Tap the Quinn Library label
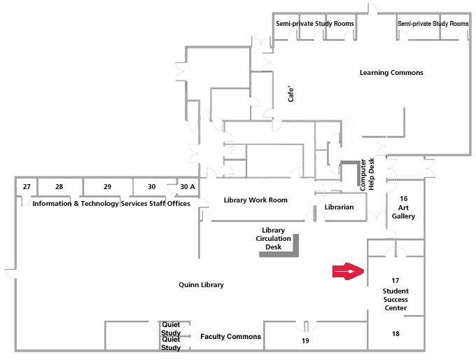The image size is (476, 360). click(x=201, y=285)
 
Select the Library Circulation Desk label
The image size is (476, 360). click(x=273, y=239)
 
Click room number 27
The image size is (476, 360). click(x=27, y=187)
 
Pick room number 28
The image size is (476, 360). click(x=59, y=187)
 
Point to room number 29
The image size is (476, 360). click(x=107, y=187)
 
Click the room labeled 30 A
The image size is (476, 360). click(x=188, y=187)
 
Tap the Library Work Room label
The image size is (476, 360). click(x=255, y=200)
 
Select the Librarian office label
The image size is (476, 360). click(x=339, y=207)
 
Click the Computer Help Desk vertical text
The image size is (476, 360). click(x=367, y=174)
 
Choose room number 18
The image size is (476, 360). click(x=395, y=334)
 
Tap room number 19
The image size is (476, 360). click(x=305, y=340)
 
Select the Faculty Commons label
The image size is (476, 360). click(x=230, y=337)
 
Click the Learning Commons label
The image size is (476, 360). click(x=391, y=73)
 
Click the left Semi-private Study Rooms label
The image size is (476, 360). click(x=314, y=24)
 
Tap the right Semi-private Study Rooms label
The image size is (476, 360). click(x=433, y=24)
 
